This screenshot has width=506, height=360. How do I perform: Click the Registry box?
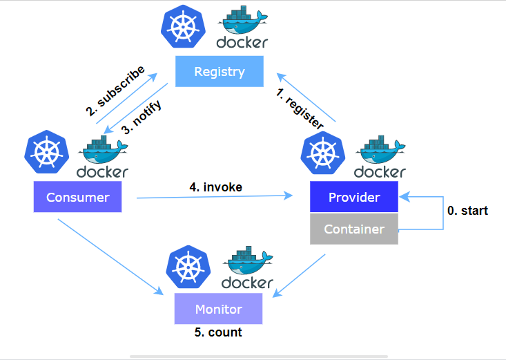pos(220,72)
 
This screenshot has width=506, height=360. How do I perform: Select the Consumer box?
pos(78,198)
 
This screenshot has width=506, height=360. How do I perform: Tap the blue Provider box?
pos(354,198)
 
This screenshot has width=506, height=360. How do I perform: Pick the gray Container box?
pos(354,229)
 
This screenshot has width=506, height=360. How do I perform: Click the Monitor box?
pos(218,309)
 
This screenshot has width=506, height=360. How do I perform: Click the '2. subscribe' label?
pos(115,91)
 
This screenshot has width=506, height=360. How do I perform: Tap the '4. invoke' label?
pos(216,186)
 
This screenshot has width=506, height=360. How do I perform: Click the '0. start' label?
pos(467,211)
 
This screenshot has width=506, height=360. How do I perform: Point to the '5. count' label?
pos(218,332)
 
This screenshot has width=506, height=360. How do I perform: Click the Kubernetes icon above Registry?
pos(181,26)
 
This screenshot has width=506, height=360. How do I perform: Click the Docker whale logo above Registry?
pos(242,21)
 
